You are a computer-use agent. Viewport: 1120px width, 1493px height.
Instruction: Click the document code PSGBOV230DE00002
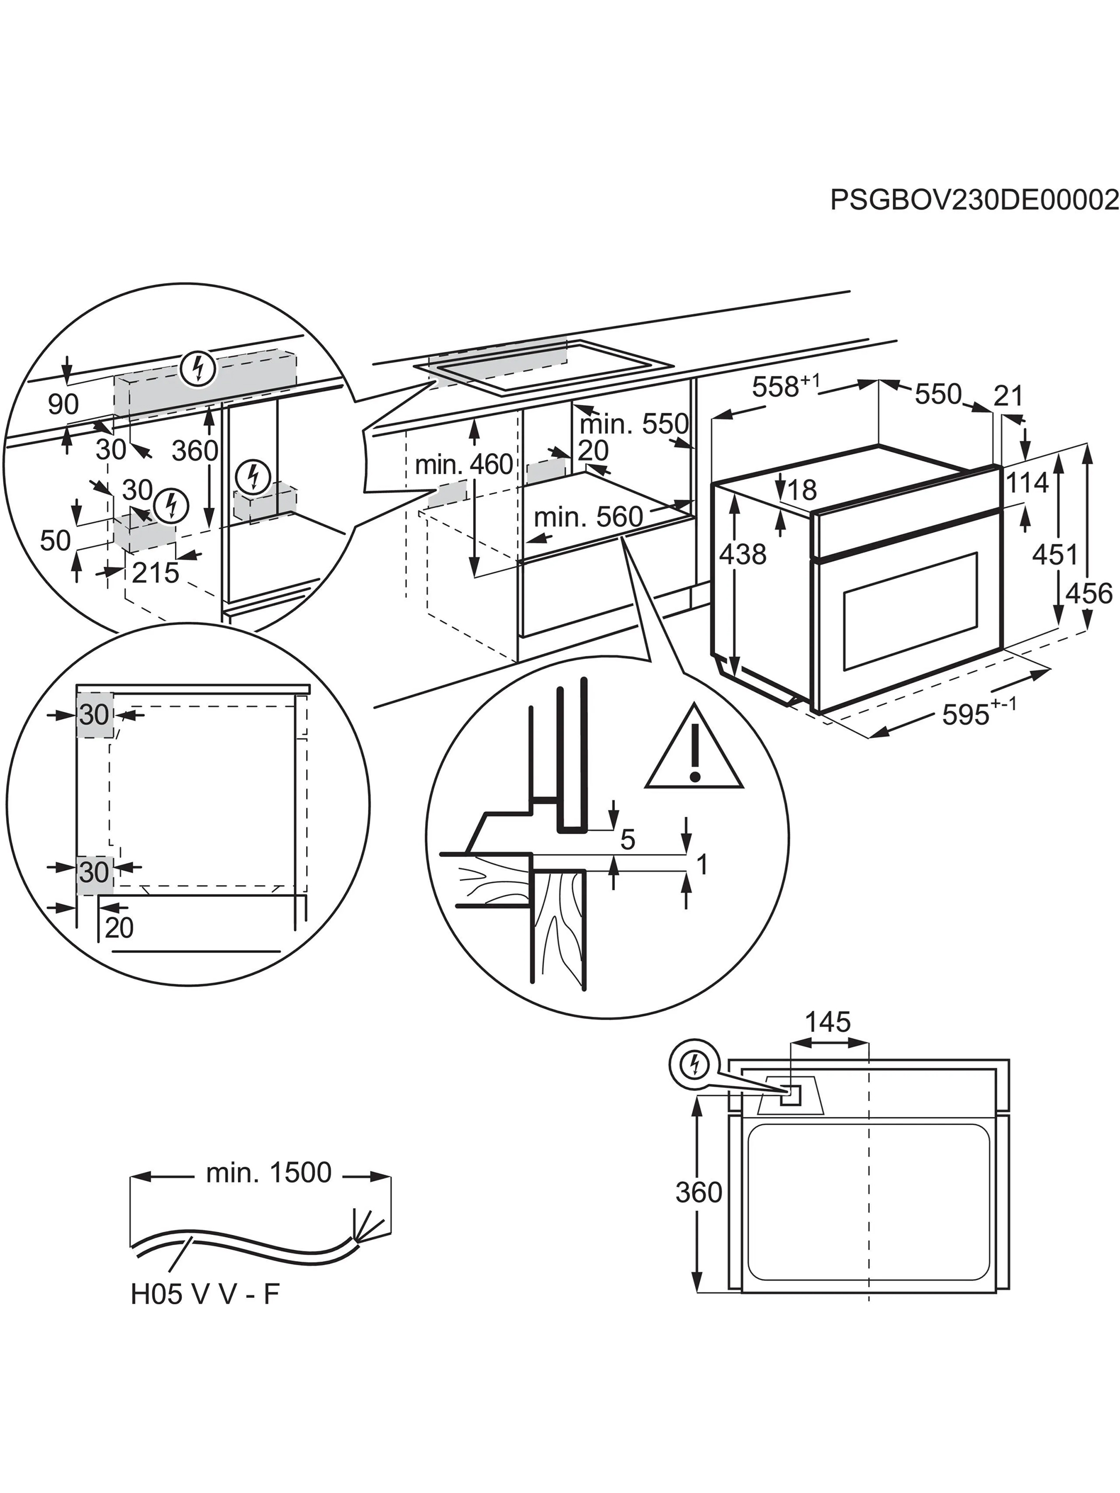[x=974, y=200]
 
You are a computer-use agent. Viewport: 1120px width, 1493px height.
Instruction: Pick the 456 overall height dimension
[x=1089, y=594]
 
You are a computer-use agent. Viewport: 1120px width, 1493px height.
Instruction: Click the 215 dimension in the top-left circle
[x=155, y=573]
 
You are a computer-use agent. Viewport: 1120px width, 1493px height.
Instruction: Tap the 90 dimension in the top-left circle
[x=63, y=404]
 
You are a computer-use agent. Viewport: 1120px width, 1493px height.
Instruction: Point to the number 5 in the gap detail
[x=628, y=840]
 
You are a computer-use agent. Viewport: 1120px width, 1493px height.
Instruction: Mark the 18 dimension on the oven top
[x=802, y=490]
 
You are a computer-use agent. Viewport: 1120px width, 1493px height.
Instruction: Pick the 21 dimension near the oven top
[x=1008, y=396]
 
